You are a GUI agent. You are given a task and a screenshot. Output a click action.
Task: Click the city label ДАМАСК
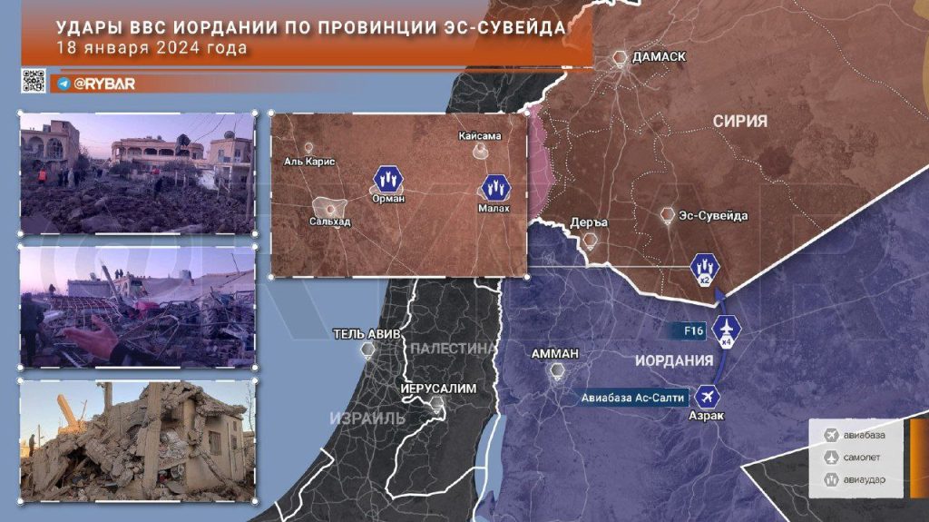[x=659, y=57]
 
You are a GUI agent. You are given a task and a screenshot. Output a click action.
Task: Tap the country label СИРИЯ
[x=739, y=121]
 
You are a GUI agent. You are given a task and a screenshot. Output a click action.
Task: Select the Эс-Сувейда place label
[x=716, y=216]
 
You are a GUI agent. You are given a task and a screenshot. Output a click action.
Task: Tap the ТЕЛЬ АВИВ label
[x=367, y=333]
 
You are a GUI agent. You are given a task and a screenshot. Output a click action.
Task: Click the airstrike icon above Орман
[x=387, y=177]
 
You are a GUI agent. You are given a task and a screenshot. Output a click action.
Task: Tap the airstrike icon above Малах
[x=495, y=188]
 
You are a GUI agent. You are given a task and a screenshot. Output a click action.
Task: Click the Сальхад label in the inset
[x=329, y=222]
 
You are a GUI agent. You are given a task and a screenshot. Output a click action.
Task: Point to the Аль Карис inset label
[x=309, y=162]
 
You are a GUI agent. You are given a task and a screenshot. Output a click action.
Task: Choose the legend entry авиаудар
[x=866, y=479]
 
